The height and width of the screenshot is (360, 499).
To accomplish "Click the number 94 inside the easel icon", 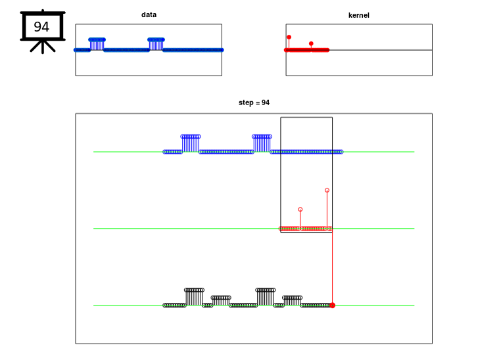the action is point(41,27).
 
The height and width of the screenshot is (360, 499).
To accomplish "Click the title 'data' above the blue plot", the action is point(149,14).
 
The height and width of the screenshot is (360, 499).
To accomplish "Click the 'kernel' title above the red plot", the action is point(359,15).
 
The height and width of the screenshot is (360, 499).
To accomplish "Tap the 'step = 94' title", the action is point(254,102).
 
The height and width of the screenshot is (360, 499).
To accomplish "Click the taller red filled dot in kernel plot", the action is point(289,37).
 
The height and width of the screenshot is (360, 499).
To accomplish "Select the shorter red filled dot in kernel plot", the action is point(311,43).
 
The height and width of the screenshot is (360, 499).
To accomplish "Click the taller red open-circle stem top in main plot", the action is point(327,190).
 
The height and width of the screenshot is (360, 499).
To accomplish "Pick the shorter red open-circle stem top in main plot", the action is point(300,210).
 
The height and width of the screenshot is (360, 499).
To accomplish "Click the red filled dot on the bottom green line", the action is point(333,305).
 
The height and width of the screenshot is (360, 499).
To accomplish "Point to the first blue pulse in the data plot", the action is point(97,44).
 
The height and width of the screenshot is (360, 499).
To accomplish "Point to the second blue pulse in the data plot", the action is point(156,44).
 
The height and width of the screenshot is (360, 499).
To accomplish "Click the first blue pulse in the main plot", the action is point(191,143).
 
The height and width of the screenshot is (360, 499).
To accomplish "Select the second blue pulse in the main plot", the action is point(262,143).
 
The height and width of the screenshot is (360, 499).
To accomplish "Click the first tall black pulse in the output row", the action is point(194,297).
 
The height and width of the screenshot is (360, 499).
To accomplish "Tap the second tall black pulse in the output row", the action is point(266,297).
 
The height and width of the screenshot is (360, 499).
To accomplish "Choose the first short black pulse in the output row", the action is point(221,301).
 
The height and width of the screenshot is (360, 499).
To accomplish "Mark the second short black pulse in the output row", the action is point(292,301).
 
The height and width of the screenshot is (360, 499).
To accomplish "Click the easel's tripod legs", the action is point(43,47).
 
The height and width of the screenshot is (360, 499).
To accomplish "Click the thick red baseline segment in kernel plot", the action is point(307,50).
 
